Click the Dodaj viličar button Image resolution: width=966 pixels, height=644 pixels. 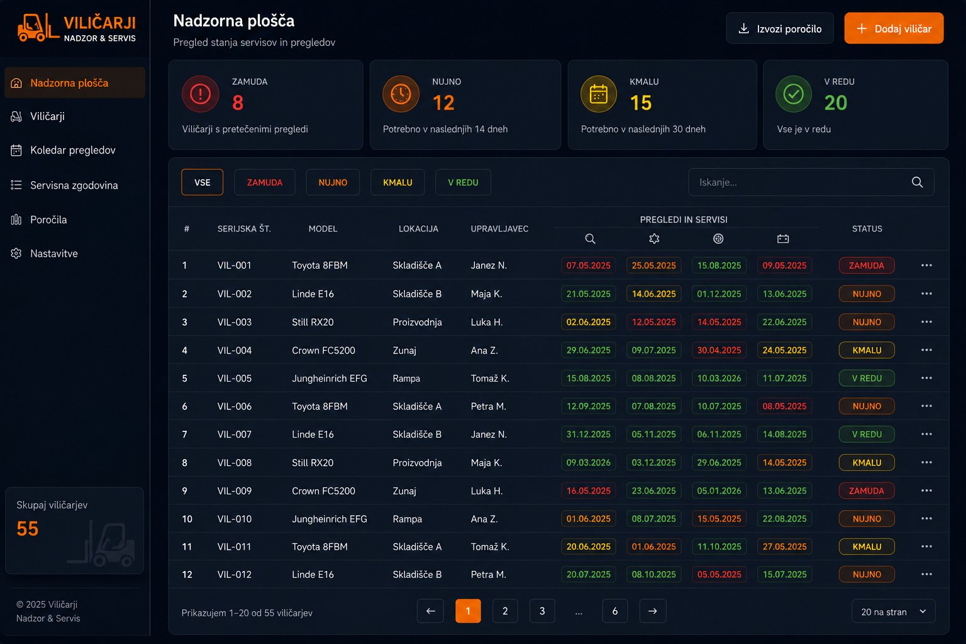(894, 28)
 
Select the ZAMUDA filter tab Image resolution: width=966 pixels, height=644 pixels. (264, 182)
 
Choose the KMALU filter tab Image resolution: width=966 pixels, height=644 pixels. (397, 182)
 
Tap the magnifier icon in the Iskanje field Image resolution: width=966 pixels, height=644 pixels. (918, 182)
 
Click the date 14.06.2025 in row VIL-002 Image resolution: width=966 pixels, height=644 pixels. (653, 294)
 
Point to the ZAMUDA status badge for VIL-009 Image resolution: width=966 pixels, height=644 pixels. (867, 491)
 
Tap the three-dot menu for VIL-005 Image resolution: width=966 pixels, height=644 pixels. (926, 378)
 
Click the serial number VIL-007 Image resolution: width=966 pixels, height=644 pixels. (234, 435)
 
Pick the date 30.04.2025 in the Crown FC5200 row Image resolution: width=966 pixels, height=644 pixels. (719, 350)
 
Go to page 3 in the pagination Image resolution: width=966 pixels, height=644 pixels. (542, 611)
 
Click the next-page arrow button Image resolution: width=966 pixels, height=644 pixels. (652, 611)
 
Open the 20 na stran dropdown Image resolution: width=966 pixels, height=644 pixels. (893, 611)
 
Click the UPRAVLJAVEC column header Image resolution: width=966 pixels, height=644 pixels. (499, 229)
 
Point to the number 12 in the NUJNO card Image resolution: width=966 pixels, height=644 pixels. (443, 103)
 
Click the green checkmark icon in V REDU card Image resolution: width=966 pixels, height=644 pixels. (794, 94)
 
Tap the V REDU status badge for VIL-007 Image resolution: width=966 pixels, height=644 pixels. (867, 435)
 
